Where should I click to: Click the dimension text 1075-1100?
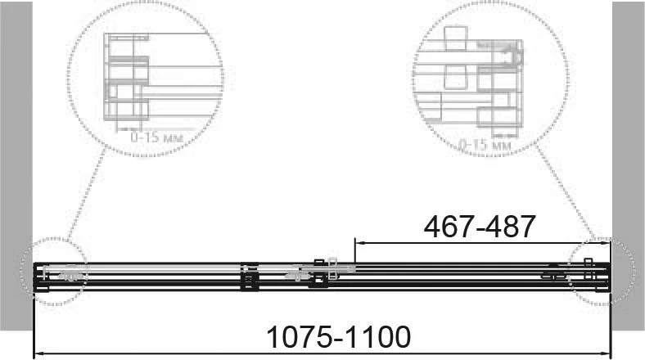click(x=339, y=337)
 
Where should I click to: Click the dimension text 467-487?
click(x=480, y=227)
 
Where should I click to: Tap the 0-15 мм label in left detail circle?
click(x=156, y=137)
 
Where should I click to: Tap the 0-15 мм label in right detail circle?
click(x=485, y=145)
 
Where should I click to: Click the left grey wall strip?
click(x=16, y=165)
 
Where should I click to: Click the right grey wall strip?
click(x=628, y=165)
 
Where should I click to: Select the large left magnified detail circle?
click(x=67, y=78)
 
